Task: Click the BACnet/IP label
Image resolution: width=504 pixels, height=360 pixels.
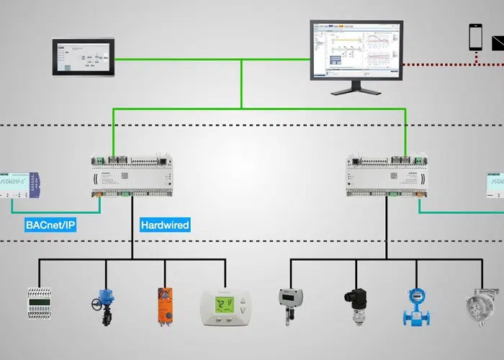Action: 50,225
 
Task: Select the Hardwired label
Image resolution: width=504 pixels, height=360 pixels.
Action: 165,225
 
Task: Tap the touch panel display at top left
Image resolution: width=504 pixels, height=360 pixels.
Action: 84,58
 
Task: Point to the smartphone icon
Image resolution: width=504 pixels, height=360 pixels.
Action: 475,37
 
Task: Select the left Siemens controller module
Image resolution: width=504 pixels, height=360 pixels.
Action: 132,175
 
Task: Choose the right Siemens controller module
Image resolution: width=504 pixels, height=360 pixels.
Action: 386,175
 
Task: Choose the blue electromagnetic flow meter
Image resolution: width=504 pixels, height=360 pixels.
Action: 416,305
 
